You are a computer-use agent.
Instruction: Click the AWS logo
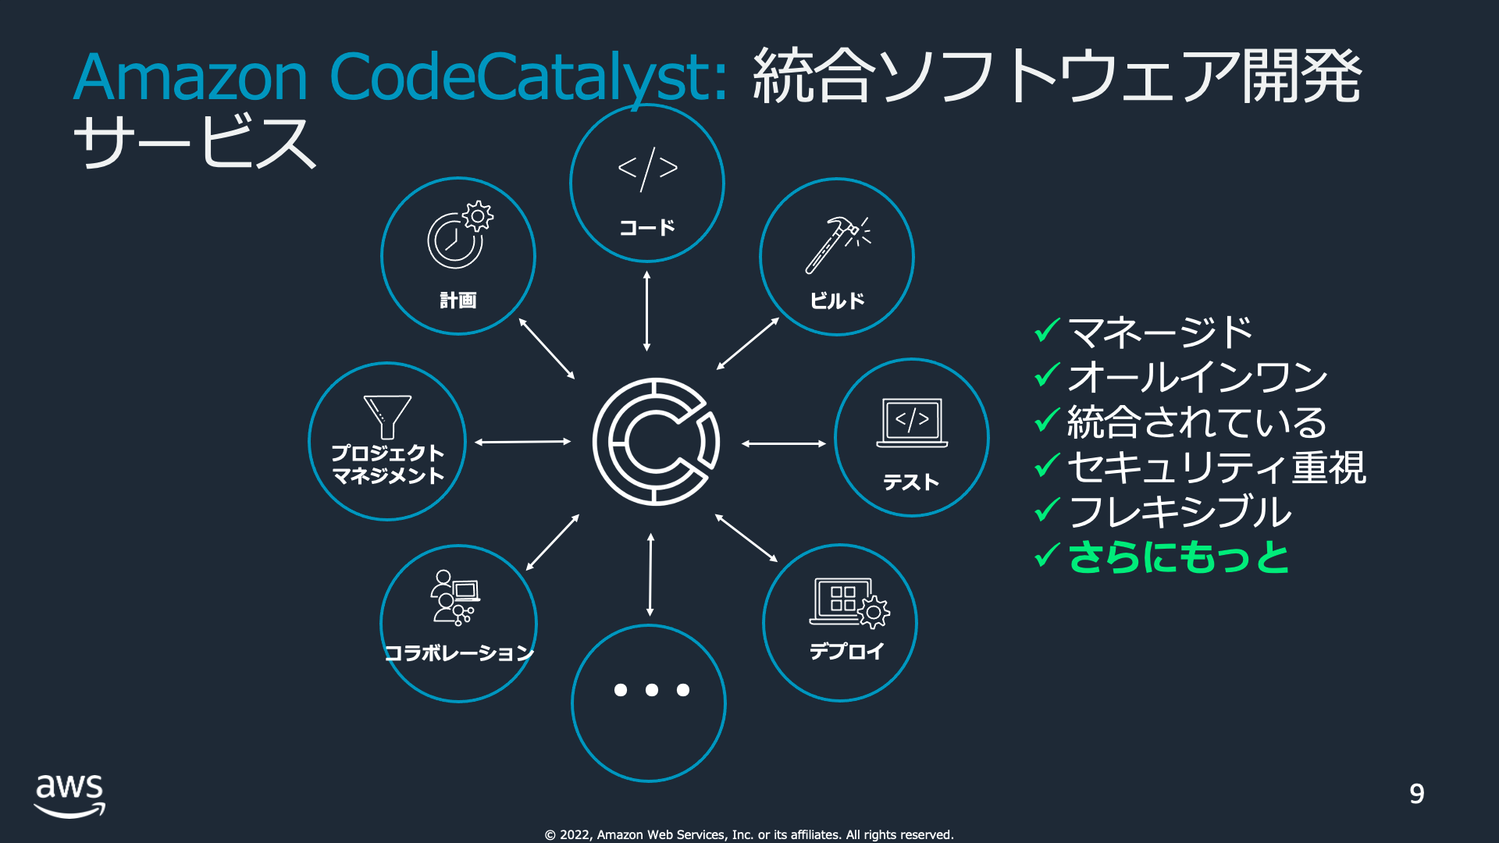tap(69, 795)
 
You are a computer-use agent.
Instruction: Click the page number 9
tap(1416, 794)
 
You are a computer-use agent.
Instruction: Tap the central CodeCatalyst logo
tap(655, 442)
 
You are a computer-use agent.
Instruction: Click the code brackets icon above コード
tap(647, 168)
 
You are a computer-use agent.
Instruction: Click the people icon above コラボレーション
tap(454, 598)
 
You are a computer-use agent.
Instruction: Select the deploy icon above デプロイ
tap(849, 603)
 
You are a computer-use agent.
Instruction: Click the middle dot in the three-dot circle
tap(651, 690)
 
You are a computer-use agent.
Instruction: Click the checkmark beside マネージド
tap(1046, 331)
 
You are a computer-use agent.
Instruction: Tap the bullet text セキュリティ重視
tap(1216, 468)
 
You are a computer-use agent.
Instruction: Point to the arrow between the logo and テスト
tap(784, 443)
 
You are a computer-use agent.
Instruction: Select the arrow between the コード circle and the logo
tap(646, 311)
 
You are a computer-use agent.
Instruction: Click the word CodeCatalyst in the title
tap(528, 77)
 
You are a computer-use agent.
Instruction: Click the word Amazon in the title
tap(191, 77)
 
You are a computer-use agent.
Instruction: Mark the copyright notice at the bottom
tap(749, 834)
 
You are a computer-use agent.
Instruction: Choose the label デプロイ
tap(847, 651)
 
